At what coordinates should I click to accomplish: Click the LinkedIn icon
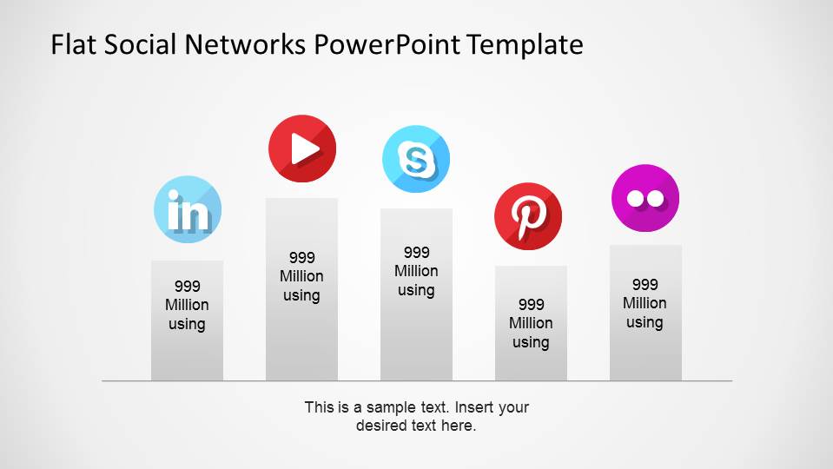188,209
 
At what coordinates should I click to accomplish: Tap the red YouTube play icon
301,149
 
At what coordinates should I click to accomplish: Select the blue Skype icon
416,159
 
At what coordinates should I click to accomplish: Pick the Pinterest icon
528,216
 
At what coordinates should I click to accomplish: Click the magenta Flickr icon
645,198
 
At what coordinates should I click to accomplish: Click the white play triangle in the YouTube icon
304,149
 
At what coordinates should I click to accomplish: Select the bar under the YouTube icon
301,339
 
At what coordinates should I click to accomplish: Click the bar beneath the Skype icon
416,339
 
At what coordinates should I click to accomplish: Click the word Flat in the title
74,44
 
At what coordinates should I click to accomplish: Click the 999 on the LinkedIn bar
187,286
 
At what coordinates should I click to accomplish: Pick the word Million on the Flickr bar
645,303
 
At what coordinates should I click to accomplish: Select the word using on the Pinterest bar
531,342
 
